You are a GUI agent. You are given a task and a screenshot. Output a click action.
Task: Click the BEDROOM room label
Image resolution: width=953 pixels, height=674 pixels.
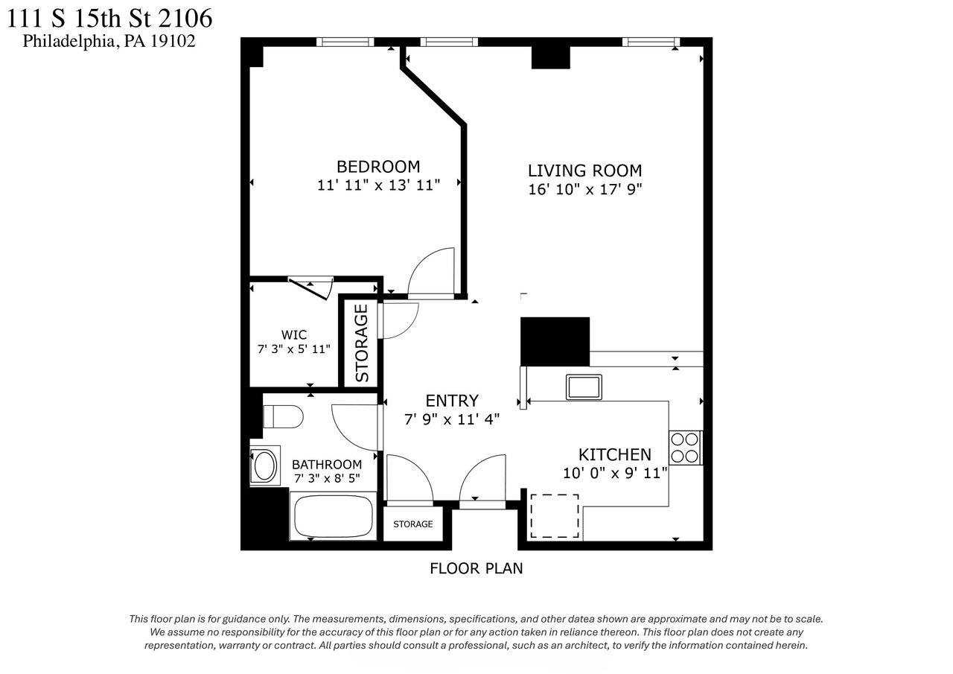pos(377,166)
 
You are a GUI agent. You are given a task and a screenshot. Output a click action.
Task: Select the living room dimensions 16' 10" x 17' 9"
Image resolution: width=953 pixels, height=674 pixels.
pos(584,189)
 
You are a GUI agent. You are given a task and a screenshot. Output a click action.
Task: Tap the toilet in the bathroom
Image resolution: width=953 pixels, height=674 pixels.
pos(283,416)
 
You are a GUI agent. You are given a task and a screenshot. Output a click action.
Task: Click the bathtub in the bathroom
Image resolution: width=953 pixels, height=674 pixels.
pos(334,516)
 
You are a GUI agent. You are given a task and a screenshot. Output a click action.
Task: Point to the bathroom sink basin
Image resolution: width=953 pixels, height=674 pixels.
pos(264,465)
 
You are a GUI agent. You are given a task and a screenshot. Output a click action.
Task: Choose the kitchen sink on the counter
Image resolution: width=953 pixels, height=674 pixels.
pos(584,387)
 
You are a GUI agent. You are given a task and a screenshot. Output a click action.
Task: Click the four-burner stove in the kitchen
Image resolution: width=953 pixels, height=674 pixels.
pos(685,448)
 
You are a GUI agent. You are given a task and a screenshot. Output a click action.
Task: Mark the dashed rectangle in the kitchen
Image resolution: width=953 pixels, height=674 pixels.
pos(555,516)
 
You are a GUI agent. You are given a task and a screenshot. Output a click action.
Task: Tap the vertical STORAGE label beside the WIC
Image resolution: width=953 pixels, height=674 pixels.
pos(361,343)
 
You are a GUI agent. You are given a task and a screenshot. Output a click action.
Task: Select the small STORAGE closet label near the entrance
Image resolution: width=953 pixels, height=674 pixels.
pos(412,524)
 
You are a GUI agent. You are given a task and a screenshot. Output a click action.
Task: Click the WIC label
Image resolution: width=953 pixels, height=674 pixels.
pos(293,335)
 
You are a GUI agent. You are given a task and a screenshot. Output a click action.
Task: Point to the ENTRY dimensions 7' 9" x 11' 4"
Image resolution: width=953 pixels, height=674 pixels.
pos(451,419)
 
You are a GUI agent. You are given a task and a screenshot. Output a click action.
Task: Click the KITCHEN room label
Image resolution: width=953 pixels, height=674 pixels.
pos(615,455)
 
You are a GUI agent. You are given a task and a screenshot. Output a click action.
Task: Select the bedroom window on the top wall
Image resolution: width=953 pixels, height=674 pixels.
pos(345,42)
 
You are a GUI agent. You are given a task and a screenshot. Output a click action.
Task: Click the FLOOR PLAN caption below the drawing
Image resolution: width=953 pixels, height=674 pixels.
pos(476,568)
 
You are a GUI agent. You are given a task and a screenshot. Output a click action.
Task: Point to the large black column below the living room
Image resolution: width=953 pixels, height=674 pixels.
pos(555,342)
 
